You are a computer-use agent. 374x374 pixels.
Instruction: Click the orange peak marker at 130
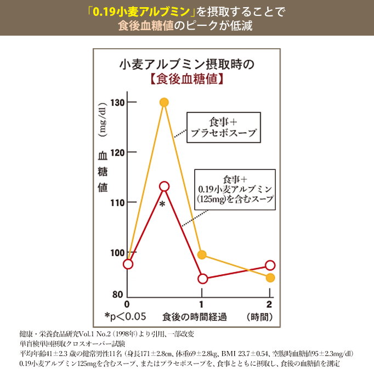164,103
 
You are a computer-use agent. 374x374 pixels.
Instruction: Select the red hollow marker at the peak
164,186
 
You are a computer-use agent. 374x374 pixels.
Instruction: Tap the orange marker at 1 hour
202,254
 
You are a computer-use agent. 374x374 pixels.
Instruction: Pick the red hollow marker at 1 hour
202,279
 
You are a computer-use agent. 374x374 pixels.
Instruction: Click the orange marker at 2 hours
270,277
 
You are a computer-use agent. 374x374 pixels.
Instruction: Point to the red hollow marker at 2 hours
270,265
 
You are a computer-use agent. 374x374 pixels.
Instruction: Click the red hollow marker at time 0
128,264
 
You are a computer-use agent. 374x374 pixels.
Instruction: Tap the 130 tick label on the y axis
117,103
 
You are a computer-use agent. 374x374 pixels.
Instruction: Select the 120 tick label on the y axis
117,152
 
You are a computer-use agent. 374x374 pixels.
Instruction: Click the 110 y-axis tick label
117,202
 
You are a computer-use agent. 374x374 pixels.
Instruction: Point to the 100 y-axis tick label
117,252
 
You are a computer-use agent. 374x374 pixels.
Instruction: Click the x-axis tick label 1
201,304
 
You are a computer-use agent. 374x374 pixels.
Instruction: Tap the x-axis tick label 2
269,304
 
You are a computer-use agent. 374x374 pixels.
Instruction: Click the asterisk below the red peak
162,205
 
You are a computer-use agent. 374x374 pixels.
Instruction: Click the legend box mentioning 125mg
235,189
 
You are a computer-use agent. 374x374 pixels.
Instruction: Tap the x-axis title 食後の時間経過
195,317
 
